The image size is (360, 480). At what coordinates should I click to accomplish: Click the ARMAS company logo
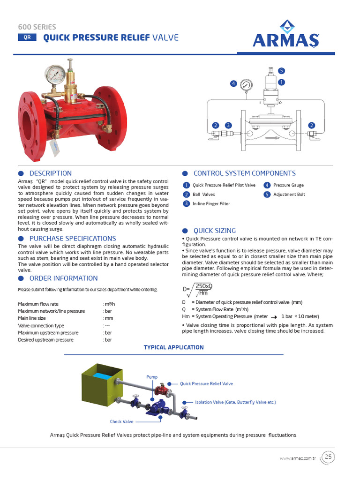pos(285,35)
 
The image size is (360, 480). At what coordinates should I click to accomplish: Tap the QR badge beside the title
pos(27,37)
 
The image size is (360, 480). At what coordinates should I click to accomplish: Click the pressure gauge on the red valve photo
pos(55,75)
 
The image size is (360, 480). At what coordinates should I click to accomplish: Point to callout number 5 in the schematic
pos(281,71)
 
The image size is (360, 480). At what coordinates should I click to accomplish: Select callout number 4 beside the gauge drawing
pos(233,83)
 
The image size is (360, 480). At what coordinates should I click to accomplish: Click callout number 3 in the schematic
pos(228,125)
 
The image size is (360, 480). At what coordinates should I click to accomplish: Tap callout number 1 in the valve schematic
pos(281,82)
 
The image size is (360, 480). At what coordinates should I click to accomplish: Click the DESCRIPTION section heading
pos(51,173)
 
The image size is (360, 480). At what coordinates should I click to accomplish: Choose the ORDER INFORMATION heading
pos(57,278)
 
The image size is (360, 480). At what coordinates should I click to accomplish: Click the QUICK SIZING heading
pos(215,231)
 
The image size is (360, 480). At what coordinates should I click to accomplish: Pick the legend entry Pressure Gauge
pos(288,185)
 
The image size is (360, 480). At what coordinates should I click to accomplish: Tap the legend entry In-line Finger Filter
pos(211,204)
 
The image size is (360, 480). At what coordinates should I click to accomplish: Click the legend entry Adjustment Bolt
pos(289,195)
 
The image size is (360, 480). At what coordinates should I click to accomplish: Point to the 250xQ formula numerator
pos(204,286)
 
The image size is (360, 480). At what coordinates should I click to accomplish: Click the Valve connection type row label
pos(41,325)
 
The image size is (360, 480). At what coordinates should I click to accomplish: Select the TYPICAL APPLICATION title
pos(173,347)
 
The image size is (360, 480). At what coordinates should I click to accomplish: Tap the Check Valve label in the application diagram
pos(122,421)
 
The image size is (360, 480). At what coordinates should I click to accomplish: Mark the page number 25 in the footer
pos(328,457)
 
